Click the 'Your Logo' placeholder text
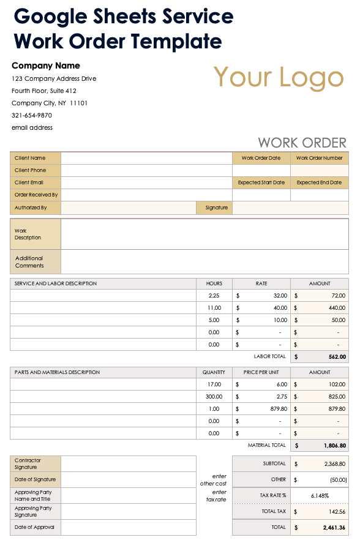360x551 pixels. pyautogui.click(x=279, y=78)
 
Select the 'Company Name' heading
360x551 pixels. pyautogui.click(x=46, y=66)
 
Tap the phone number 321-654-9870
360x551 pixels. pyautogui.click(x=32, y=115)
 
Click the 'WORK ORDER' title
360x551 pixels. pyautogui.click(x=302, y=143)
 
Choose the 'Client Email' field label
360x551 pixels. pyautogui.click(x=29, y=182)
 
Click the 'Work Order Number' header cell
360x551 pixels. pyautogui.click(x=319, y=158)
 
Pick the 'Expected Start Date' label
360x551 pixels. pyautogui.click(x=261, y=182)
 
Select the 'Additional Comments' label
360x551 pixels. pyautogui.click(x=29, y=262)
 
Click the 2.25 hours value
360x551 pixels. pyautogui.click(x=214, y=295)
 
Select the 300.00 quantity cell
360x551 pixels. pyautogui.click(x=214, y=396)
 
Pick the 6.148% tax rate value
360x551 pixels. pyautogui.click(x=320, y=495)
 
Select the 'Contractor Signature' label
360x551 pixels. pyautogui.click(x=28, y=463)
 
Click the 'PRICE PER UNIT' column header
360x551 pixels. pyautogui.click(x=261, y=372)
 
